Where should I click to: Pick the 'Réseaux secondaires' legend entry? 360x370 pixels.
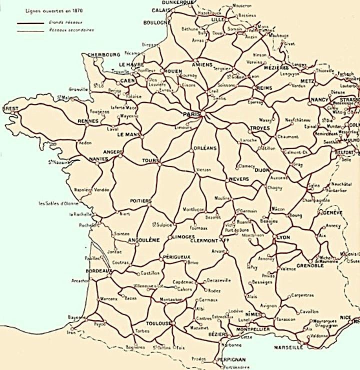tap(71, 30)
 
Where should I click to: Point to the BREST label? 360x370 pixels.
tap(10, 108)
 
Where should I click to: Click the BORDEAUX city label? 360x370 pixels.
tap(84, 270)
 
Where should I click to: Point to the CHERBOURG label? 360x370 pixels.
tap(104, 54)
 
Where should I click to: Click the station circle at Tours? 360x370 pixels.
tap(159, 161)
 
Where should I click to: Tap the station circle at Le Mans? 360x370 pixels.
tap(142, 136)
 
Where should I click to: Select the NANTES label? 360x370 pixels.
tap(99, 159)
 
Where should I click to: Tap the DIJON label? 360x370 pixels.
tap(262, 170)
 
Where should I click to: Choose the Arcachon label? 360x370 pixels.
tap(80, 280)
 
